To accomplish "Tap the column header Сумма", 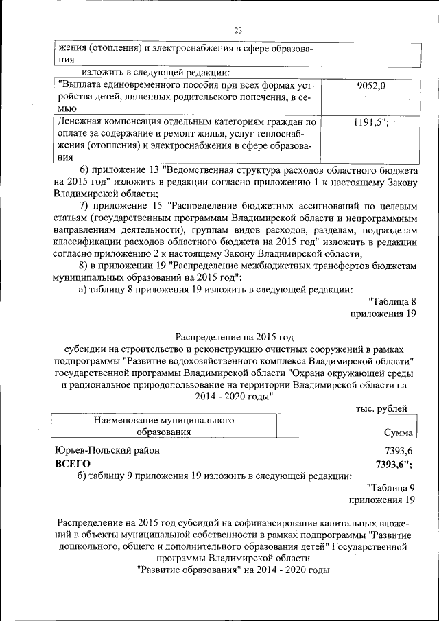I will pos(399,432).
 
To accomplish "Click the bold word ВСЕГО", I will pos(72,464).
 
